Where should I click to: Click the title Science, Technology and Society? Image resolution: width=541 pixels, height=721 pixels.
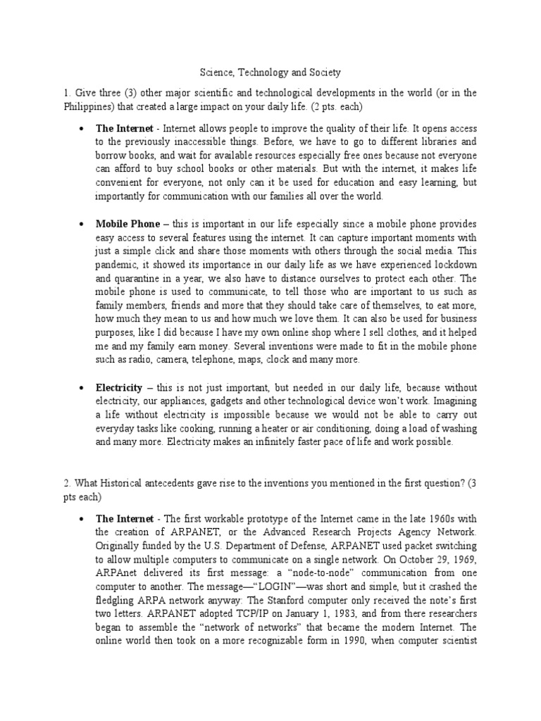270,73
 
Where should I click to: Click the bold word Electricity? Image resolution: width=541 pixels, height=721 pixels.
119,388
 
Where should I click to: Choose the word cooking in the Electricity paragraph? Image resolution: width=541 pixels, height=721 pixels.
199,429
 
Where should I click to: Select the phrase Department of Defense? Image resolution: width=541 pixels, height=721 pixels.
299,546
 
